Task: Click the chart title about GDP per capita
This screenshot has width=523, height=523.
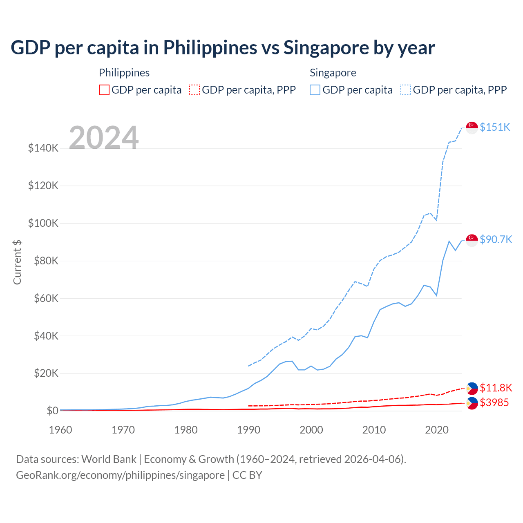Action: click(x=223, y=48)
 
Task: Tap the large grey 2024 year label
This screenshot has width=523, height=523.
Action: click(x=104, y=138)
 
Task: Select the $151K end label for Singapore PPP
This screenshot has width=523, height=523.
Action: click(x=495, y=127)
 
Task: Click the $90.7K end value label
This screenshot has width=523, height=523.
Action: click(x=496, y=239)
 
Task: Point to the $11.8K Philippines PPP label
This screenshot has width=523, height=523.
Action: click(x=496, y=388)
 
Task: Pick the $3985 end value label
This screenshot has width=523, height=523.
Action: click(x=494, y=402)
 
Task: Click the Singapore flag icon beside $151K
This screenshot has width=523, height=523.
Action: click(x=472, y=127)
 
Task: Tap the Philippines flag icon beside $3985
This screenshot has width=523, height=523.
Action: click(x=472, y=403)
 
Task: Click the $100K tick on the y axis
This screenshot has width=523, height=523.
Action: click(x=43, y=223)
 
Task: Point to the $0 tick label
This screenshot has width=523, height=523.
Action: click(x=52, y=411)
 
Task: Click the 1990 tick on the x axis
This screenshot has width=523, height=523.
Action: click(x=248, y=430)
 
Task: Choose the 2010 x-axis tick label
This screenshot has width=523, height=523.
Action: click(x=374, y=430)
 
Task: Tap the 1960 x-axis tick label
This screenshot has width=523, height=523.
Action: click(x=60, y=430)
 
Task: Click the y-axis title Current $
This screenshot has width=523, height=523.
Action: click(x=17, y=262)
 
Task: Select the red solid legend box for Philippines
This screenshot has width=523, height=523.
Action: click(x=104, y=90)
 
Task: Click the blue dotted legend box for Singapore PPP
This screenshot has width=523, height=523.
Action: click(x=406, y=90)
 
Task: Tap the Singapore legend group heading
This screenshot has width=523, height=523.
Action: click(x=333, y=73)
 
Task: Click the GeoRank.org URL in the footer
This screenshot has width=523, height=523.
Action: click(x=120, y=475)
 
